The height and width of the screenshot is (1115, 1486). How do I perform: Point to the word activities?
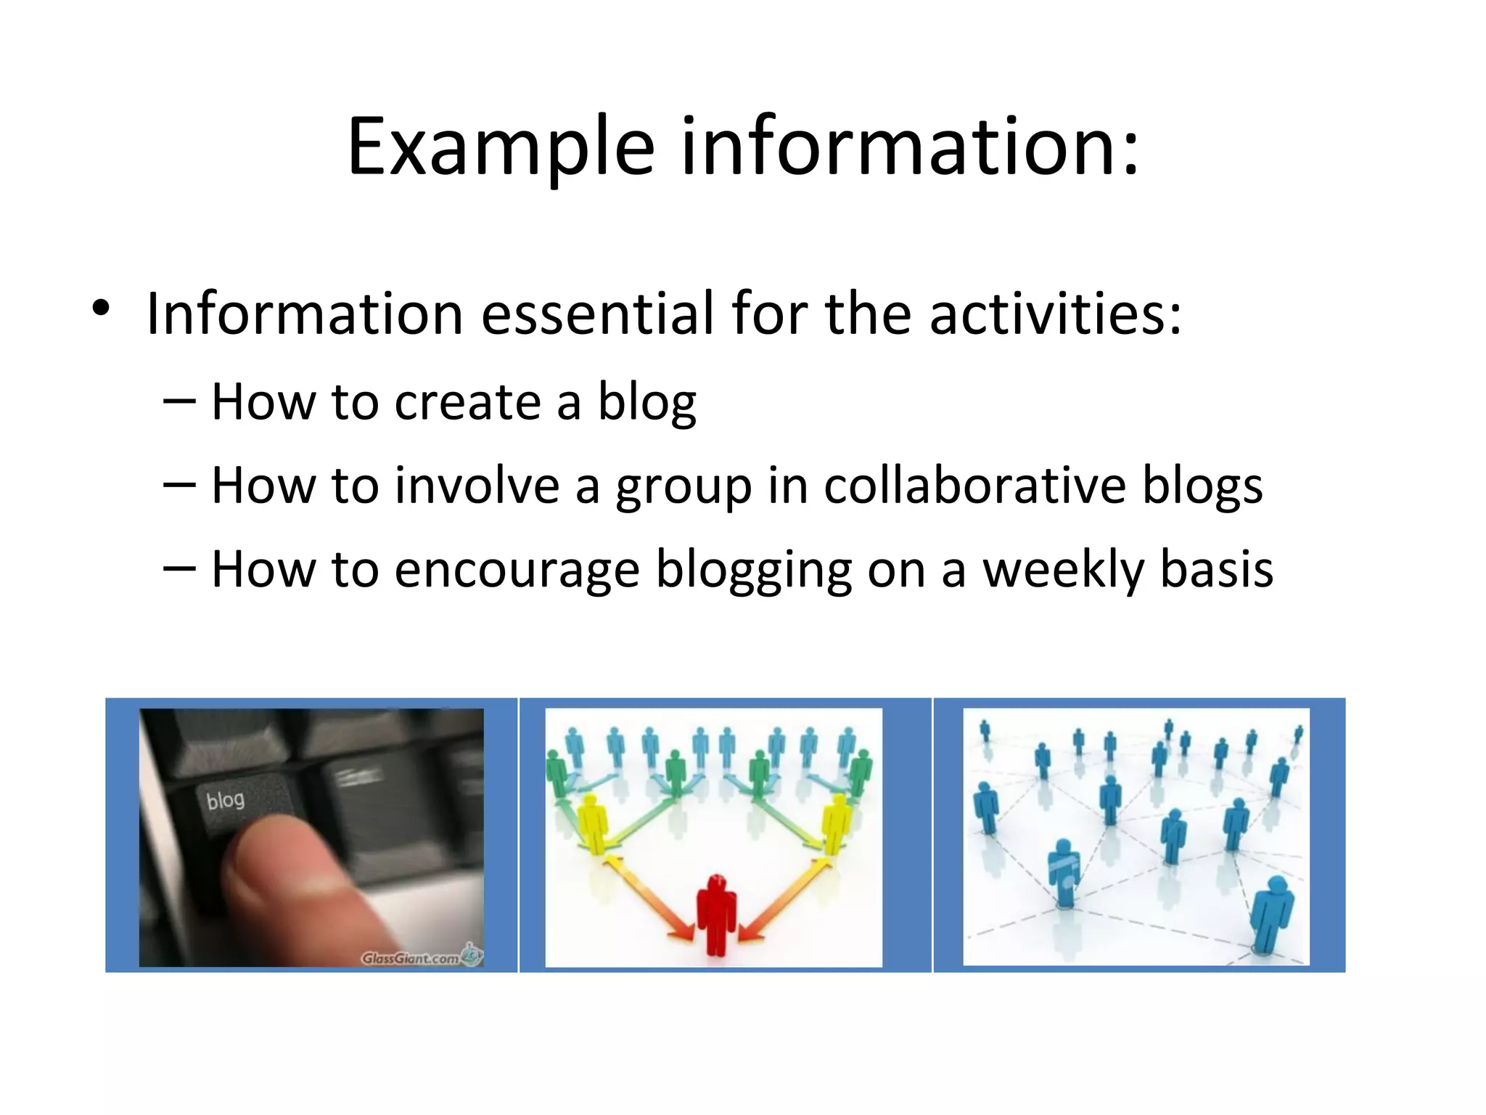(1055, 314)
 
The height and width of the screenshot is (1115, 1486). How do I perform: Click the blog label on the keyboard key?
(225, 801)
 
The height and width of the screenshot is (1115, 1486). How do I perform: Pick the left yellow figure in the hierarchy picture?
(594, 824)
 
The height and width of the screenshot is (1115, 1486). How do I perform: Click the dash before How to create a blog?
(179, 401)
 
